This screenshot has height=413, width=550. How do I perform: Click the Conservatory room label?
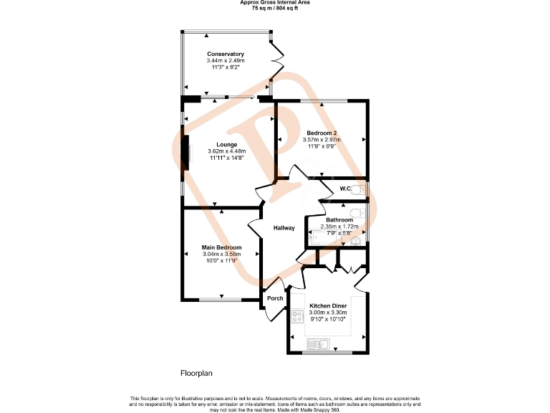226,54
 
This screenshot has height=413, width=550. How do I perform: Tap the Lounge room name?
226,145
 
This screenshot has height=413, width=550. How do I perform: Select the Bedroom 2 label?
322,133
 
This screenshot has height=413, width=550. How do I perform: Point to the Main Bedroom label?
221,247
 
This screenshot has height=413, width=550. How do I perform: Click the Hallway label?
284,228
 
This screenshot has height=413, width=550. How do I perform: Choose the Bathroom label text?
339,220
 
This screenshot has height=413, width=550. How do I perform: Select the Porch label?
274,298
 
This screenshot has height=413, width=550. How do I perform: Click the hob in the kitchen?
298,315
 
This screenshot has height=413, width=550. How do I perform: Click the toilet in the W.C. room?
361,189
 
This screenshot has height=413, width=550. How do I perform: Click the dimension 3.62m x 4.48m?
226,151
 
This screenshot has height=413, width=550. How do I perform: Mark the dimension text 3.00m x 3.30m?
328,313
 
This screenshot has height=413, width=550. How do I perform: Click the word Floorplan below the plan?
196,374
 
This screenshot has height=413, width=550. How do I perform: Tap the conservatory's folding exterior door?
277,62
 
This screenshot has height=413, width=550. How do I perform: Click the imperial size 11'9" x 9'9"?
322,146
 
